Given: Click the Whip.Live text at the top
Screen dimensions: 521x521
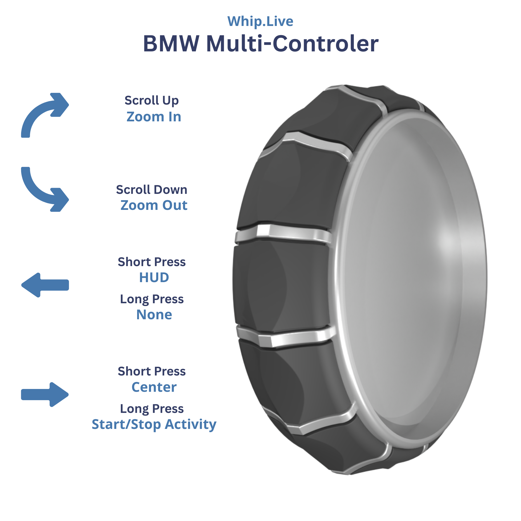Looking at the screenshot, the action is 260,21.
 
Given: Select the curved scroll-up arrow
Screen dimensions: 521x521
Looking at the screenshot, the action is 45,115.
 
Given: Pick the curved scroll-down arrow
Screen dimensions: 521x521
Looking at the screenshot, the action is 45,189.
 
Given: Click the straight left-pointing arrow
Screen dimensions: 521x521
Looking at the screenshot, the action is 45,285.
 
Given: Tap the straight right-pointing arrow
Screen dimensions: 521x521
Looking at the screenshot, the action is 45,395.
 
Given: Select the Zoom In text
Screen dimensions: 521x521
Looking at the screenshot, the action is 154,117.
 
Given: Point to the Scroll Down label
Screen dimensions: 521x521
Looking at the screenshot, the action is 152,190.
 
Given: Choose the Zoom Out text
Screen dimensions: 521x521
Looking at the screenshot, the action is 154,205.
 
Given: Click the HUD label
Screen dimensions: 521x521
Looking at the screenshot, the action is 154,278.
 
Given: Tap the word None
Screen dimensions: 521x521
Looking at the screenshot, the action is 154,315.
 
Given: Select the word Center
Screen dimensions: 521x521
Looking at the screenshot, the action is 154,387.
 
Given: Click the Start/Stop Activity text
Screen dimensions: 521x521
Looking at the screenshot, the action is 154,425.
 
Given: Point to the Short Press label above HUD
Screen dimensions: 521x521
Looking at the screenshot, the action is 152,262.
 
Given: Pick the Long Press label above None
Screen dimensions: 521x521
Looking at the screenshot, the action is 152,299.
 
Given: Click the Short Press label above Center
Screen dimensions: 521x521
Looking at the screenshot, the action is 152,371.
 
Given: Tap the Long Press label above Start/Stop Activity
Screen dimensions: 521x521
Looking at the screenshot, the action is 152,409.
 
